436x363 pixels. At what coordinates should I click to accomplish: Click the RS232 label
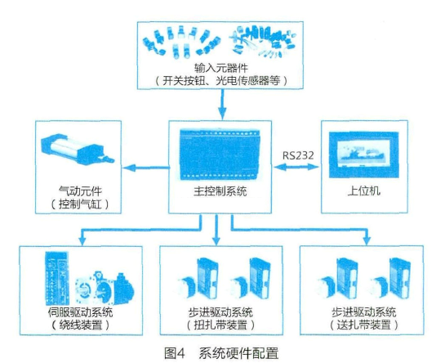tap(298, 155)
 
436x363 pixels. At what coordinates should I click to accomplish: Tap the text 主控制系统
tap(220, 191)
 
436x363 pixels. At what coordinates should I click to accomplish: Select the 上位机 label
tap(364, 191)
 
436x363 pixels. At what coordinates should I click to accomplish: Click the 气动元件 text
tap(80, 191)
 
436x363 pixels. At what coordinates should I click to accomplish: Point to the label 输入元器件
tap(220, 68)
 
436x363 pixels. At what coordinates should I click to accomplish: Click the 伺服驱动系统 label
tap(80, 312)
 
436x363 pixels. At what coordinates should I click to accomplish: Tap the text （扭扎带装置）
tap(220, 325)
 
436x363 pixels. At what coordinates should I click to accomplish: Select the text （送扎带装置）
tap(363, 325)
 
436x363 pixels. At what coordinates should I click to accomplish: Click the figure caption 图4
tap(175, 353)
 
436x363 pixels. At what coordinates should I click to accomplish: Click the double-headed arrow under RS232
tap(296, 167)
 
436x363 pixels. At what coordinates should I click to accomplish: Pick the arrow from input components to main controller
tap(222, 105)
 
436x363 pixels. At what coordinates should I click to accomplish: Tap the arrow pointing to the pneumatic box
tap(146, 168)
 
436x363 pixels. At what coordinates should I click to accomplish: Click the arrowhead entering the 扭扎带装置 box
tap(216, 241)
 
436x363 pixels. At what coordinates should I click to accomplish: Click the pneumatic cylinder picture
tap(78, 150)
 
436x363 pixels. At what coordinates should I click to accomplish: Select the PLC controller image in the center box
tap(220, 155)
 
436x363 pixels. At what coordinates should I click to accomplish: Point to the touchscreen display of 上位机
tap(363, 155)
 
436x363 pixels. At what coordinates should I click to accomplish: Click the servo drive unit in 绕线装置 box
tap(57, 279)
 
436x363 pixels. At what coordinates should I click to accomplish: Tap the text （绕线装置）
tap(80, 325)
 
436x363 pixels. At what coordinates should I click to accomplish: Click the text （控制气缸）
tap(80, 204)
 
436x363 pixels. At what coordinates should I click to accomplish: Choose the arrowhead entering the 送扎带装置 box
tap(367, 241)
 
